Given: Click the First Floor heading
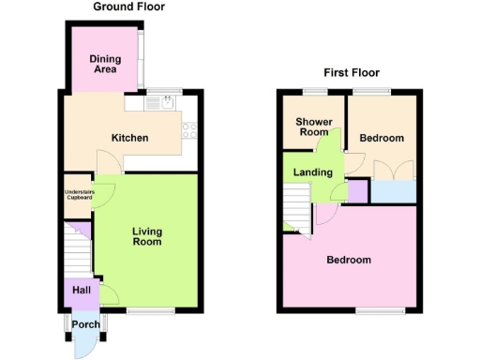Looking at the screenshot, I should point(352,72).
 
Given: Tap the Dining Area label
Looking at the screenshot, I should point(105,64).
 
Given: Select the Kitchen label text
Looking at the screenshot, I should point(130,139).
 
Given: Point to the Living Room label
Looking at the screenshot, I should point(146,236).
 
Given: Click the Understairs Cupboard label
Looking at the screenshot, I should point(79,195).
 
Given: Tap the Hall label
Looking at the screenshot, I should point(81,291).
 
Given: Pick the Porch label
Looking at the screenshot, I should point(87,325).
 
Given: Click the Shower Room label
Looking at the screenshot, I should point(312,127).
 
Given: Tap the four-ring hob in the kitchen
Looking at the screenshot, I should point(188,130).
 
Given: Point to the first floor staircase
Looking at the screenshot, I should point(296,205).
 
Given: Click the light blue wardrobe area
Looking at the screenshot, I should point(394,191).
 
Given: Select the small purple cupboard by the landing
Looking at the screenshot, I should point(357,191).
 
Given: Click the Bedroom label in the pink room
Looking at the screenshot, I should point(349,260).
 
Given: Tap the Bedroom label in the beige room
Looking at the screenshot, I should point(382,139).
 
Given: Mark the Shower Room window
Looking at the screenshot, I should point(313,91).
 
